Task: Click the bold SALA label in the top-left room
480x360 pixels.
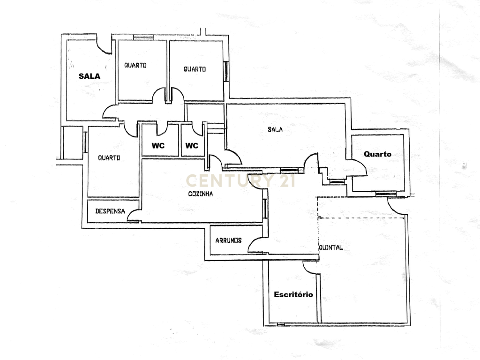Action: click(x=90, y=76)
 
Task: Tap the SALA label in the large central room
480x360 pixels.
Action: click(x=275, y=129)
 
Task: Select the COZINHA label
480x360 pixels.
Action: click(x=201, y=194)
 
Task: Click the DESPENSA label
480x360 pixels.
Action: click(x=110, y=211)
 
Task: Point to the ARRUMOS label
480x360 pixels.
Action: click(x=228, y=240)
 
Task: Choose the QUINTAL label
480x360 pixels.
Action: click(x=331, y=247)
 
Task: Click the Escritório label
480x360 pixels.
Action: click(x=293, y=294)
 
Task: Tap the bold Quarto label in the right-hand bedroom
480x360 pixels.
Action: click(x=377, y=154)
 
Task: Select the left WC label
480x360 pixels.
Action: click(x=158, y=146)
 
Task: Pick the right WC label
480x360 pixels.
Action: click(x=192, y=146)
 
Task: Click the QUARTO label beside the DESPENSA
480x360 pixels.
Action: click(x=109, y=157)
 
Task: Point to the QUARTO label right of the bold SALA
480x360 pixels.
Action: click(x=135, y=65)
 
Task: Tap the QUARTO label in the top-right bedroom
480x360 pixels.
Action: click(x=195, y=69)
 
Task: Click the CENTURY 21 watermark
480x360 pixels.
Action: click(x=240, y=180)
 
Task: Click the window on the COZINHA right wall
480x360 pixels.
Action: click(x=265, y=209)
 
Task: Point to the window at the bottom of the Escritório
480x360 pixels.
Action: click(x=281, y=324)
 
